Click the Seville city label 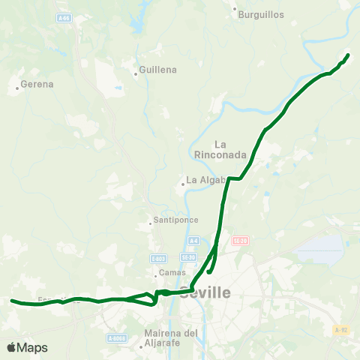pyautogui.click(x=204, y=293)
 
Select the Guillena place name pyautogui.click(x=158, y=70)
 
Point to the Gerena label pyautogui.click(x=37, y=84)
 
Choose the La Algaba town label pyautogui.click(x=206, y=180)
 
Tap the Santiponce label pyautogui.click(x=174, y=220)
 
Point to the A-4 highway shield pyautogui.click(x=193, y=241)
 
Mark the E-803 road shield pyautogui.click(x=157, y=258)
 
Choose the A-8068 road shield pyautogui.click(x=115, y=338)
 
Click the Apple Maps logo pyautogui.click(x=27, y=347)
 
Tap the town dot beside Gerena pyautogui.click(x=17, y=88)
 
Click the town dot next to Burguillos pyautogui.click(x=235, y=10)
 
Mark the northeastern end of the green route pyautogui.click(x=349, y=54)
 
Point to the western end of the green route pyautogui.click(x=12, y=301)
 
